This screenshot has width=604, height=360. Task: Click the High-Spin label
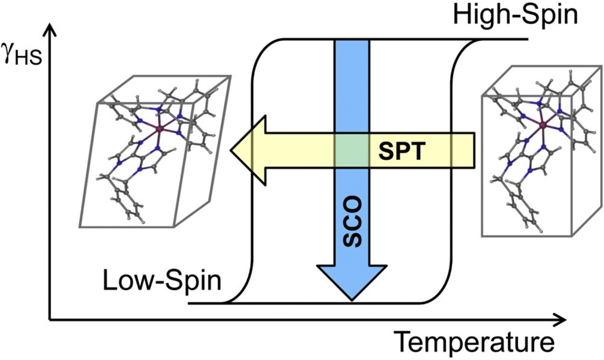click(515, 15)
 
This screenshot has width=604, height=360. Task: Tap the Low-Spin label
click(162, 280)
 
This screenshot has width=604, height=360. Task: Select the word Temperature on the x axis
click(474, 342)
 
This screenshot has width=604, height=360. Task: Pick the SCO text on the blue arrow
click(352, 221)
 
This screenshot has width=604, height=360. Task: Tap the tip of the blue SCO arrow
click(352, 300)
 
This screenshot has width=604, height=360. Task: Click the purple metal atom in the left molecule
click(160, 129)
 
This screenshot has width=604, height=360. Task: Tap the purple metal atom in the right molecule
click(542, 126)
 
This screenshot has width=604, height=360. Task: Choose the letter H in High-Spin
click(461, 15)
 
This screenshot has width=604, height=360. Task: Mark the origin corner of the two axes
click(50, 320)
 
